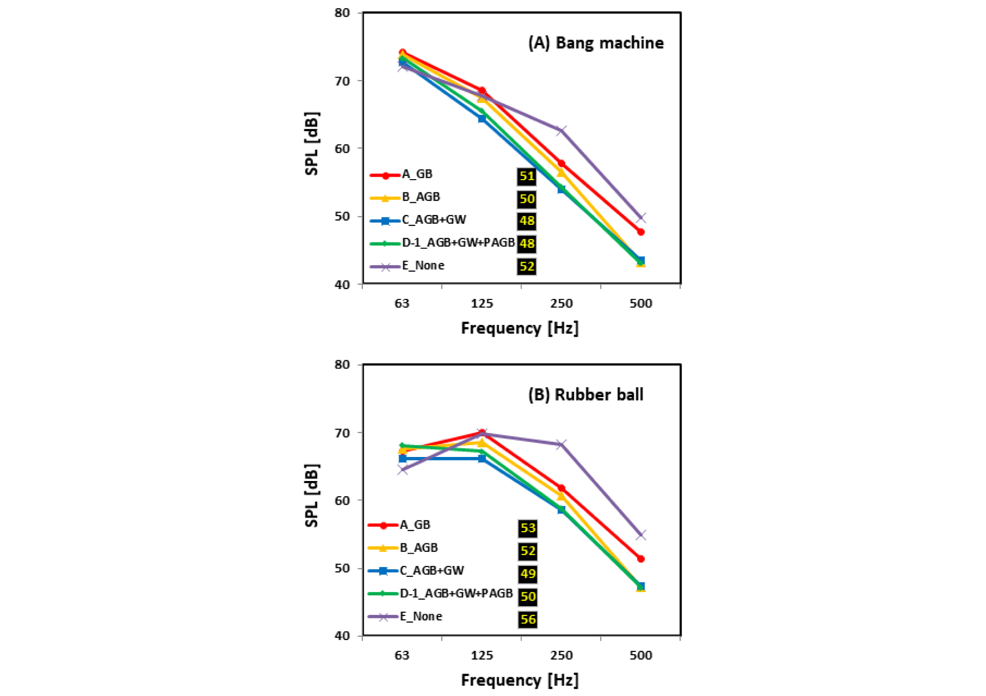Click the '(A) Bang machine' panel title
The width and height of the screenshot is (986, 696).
click(596, 43)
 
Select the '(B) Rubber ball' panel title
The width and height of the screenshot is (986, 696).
click(585, 395)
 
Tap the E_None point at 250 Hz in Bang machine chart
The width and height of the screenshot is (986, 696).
click(561, 131)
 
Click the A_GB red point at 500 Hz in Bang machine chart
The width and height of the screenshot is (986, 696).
click(641, 232)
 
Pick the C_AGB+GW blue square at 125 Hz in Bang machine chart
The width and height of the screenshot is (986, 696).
click(482, 118)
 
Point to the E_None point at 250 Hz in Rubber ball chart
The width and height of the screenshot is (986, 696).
click(561, 445)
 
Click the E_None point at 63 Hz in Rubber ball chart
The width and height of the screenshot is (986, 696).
click(403, 470)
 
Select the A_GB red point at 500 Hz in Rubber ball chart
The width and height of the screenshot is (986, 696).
click(641, 559)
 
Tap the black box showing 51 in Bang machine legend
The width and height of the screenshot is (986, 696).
click(526, 176)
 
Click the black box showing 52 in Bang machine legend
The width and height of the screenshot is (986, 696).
click(526, 267)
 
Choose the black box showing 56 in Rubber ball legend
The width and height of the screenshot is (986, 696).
click(528, 619)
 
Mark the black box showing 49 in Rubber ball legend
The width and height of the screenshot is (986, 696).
click(528, 574)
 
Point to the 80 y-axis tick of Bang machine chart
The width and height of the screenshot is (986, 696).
click(342, 13)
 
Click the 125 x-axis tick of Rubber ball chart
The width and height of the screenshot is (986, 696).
click(482, 655)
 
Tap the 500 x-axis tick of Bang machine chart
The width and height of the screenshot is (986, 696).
click(641, 303)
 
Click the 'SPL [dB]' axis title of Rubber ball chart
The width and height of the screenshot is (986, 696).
click(312, 495)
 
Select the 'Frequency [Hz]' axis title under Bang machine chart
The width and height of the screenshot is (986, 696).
click(520, 328)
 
